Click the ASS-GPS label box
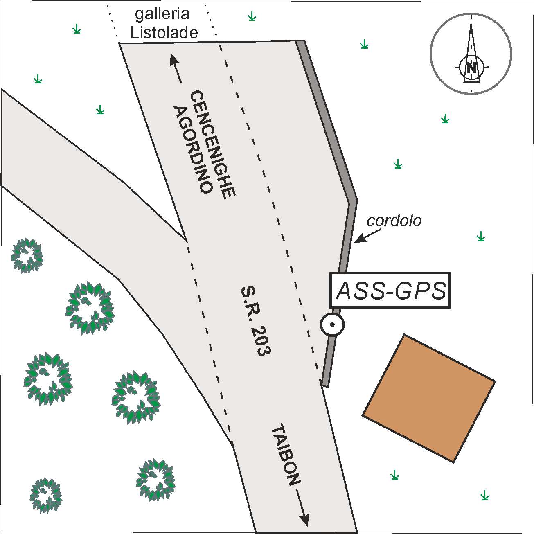[390, 291]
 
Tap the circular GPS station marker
[332, 325]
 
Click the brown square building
[429, 398]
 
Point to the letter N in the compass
[471, 67]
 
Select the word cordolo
[394, 221]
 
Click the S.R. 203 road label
[256, 321]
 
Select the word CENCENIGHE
[213, 145]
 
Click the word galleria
[162, 14]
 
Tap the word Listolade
[164, 33]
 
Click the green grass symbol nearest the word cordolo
[481, 236]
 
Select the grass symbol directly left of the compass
[364, 45]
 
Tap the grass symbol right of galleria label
[252, 17]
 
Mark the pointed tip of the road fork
[186, 241]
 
